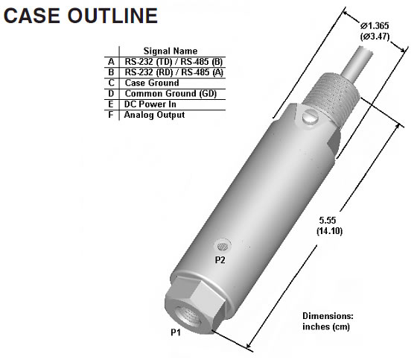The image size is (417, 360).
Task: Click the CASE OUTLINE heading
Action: click(80, 16)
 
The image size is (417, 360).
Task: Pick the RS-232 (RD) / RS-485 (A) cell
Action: click(175, 72)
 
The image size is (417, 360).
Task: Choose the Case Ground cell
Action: click(152, 83)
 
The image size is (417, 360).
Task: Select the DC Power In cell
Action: click(151, 104)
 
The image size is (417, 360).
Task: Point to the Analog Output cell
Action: click(154, 115)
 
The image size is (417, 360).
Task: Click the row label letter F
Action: click(111, 115)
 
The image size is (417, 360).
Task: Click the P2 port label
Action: click(220, 260)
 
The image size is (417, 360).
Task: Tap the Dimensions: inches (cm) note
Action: click(332, 320)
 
